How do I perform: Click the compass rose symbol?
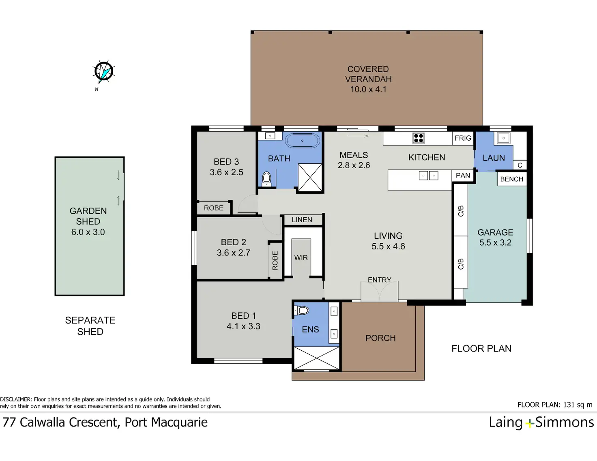click(103, 72)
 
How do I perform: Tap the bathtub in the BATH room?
click(303, 141)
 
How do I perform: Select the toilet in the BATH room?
click(266, 179)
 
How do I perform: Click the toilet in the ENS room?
click(302, 311)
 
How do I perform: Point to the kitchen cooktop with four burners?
click(419, 138)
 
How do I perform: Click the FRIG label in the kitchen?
click(463, 138)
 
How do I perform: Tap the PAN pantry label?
click(463, 176)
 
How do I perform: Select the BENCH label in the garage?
click(511, 179)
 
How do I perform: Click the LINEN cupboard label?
click(302, 220)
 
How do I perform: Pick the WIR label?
click(301, 257)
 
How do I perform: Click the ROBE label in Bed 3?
click(213, 208)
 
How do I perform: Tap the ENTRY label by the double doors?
click(379, 280)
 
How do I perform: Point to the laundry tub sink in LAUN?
click(503, 138)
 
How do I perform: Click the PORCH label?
click(380, 338)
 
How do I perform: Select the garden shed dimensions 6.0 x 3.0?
click(88, 232)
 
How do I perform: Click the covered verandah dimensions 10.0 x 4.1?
click(368, 89)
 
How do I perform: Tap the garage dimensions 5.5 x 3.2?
click(495, 242)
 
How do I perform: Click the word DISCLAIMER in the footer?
click(16, 399)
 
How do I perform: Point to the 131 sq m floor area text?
click(578, 405)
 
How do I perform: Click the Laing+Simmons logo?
click(541, 422)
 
